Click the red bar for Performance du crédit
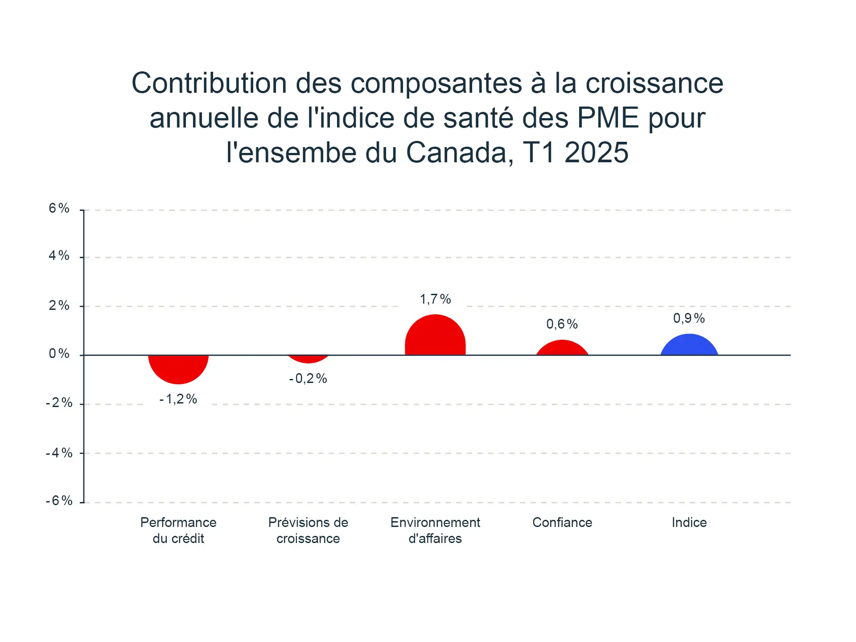(178, 368)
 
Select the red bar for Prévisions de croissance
(308, 358)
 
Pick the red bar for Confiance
(562, 349)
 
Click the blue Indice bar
(689, 346)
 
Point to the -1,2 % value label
(178, 399)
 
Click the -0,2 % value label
(308, 379)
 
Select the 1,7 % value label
(435, 299)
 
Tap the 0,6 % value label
(562, 324)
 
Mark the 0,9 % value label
(689, 318)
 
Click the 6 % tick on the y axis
(59, 208)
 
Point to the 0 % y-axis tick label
(59, 354)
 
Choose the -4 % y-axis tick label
(59, 453)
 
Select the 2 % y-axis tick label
(59, 305)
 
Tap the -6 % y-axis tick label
(59, 500)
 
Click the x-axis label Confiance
(562, 522)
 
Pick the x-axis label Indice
(689, 522)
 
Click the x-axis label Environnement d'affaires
(435, 530)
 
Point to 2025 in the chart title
(596, 152)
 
